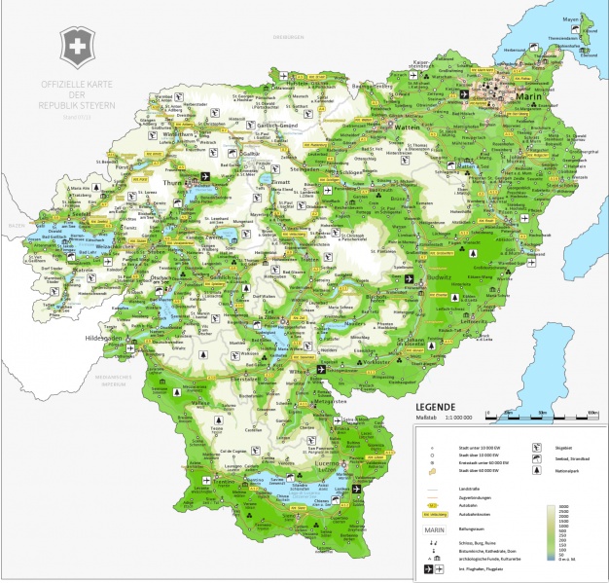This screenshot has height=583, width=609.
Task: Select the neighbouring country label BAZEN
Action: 16,225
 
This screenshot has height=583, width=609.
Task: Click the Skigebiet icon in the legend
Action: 537,448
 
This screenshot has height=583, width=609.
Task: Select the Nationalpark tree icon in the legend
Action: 537,471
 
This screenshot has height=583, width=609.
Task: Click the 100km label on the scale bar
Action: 591,414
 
